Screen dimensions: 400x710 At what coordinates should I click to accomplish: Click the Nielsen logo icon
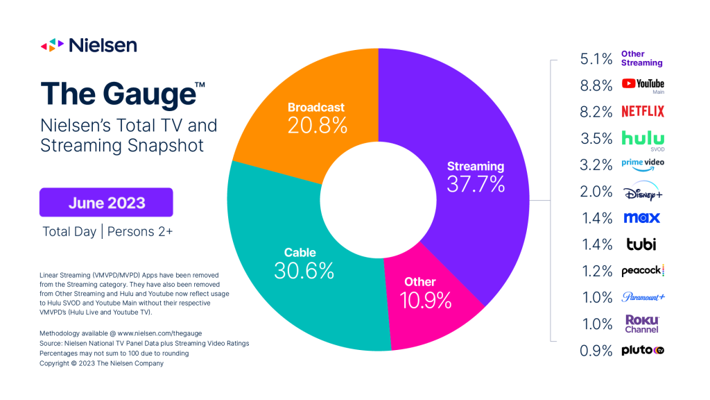53,45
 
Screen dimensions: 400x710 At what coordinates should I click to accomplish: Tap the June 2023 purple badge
106,203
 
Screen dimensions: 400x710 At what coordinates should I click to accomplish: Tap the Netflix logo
642,111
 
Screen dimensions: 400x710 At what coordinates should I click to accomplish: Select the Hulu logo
642,137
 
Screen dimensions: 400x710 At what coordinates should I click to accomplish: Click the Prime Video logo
642,165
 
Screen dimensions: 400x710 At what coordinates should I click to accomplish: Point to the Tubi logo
639,244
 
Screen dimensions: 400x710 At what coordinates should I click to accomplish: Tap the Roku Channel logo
641,324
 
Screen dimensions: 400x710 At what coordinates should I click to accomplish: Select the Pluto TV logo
642,351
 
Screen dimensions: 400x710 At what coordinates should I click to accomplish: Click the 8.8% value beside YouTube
596,85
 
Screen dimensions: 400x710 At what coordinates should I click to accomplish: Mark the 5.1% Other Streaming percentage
596,59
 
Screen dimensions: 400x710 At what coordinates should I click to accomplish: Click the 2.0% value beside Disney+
596,192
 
